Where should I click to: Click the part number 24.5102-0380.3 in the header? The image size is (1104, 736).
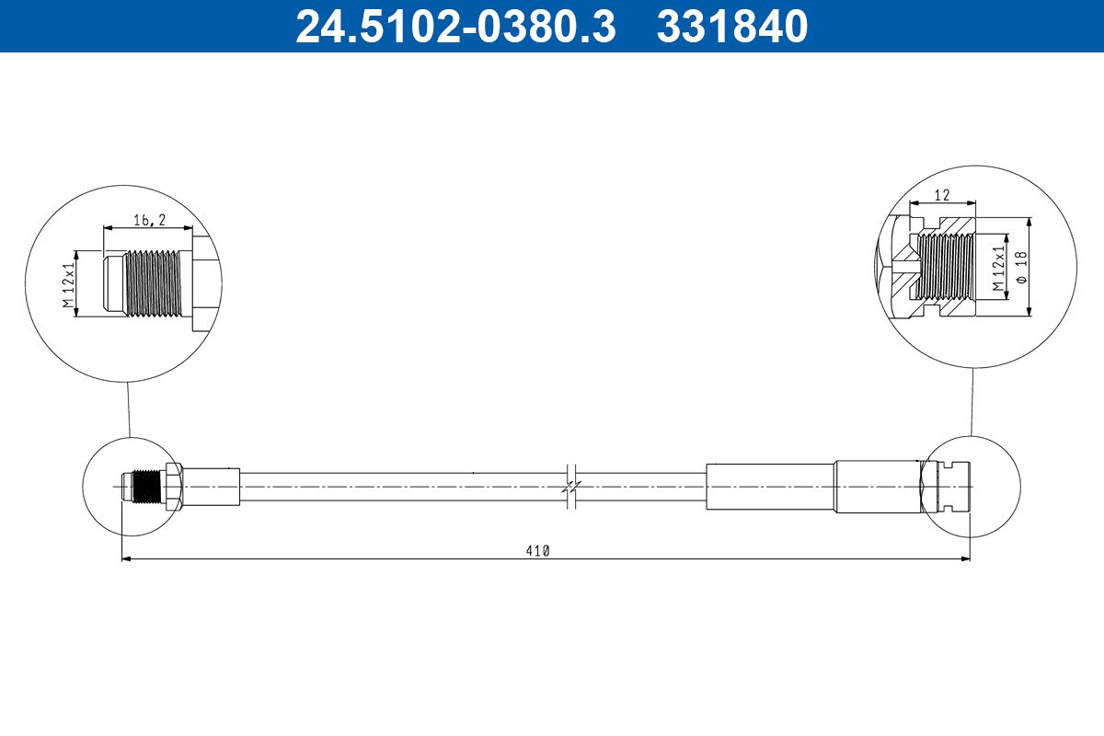(x=456, y=27)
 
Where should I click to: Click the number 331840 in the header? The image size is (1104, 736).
(x=732, y=27)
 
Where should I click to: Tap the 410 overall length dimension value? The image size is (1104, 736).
(x=537, y=551)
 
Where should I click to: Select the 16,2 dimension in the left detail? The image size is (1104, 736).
(x=149, y=221)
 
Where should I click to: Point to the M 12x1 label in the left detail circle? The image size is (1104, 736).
(x=68, y=284)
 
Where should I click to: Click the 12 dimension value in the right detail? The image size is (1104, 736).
(x=942, y=195)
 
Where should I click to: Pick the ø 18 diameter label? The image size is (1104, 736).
(x=1022, y=267)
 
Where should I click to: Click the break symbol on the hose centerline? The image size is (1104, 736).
(x=571, y=487)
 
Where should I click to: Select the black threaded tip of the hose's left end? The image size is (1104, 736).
(x=146, y=487)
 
